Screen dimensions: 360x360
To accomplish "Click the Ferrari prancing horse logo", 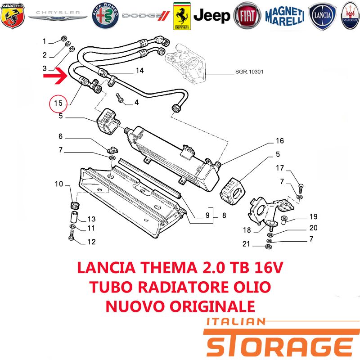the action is [182, 16].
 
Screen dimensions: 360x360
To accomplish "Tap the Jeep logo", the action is [211, 16].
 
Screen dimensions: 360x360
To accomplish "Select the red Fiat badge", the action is [247, 16].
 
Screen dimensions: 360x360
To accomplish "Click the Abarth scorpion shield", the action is [13, 16].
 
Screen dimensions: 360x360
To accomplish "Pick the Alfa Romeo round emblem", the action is [105, 16].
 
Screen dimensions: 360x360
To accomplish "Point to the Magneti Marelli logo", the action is [285, 16].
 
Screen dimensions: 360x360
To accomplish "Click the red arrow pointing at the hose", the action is [55, 76].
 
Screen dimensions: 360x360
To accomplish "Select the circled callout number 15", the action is [58, 103].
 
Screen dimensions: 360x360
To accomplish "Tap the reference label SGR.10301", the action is [249, 72].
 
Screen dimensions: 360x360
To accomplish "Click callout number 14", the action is [139, 71].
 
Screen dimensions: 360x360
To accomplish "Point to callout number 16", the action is [279, 140].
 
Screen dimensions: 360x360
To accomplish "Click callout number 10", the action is [59, 184].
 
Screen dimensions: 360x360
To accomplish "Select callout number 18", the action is [247, 230].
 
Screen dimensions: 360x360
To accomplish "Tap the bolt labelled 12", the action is [71, 236].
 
